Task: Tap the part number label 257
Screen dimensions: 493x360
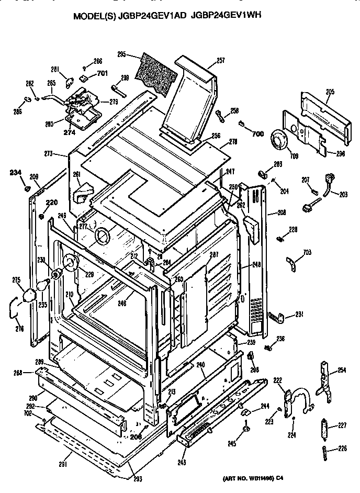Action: click(220, 61)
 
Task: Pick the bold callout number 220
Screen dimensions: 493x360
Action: click(51, 203)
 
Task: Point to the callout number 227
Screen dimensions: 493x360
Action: click(342, 425)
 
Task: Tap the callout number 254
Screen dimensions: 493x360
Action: click(341, 371)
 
